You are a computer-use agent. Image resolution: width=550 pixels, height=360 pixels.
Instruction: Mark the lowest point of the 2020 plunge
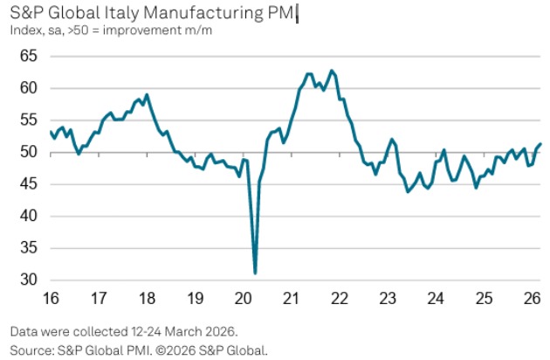tap(255, 273)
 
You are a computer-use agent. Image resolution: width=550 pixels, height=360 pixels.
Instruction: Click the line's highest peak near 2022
tap(331, 70)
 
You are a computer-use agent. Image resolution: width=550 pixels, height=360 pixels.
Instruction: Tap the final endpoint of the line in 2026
tap(541, 143)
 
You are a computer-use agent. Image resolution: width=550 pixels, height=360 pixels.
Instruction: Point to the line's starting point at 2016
tap(50, 132)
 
